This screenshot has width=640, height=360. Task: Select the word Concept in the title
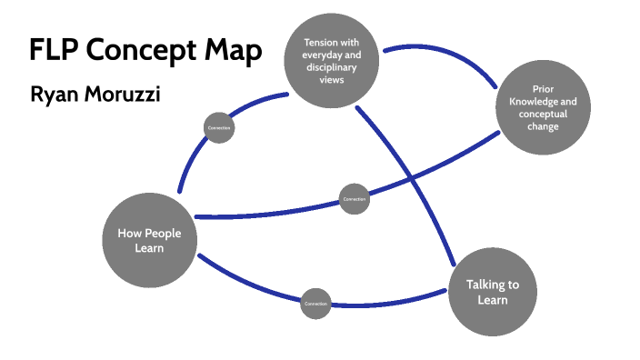coord(143,52)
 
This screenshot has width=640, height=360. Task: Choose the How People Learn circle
coord(149,239)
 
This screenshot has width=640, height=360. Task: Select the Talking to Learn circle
coord(492,291)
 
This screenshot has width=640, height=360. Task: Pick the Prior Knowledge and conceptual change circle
coord(543,108)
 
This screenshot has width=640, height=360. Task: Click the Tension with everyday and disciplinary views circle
coord(330,55)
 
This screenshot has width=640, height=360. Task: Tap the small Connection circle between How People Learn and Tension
coord(218,127)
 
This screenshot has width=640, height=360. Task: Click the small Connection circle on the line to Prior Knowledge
coord(354,199)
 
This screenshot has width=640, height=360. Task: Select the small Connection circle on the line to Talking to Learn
coord(315,304)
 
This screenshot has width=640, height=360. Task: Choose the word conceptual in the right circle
coord(543,115)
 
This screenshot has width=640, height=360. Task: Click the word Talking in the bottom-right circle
coord(486,285)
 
